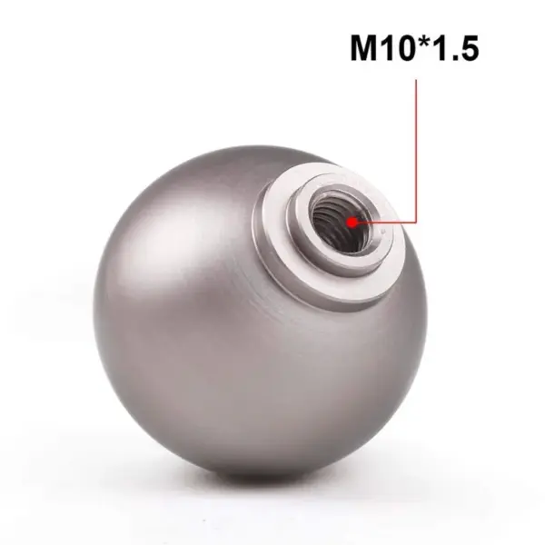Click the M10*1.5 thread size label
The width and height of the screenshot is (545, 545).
414,48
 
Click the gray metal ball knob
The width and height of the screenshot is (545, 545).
227,345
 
